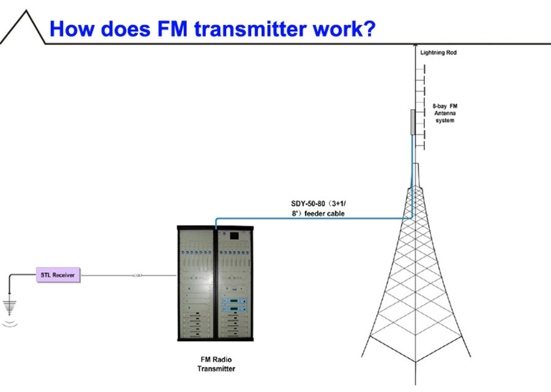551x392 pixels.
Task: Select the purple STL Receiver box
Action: click(x=58, y=276)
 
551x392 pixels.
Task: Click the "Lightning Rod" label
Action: click(x=438, y=53)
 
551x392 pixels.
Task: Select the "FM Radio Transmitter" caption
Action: click(x=216, y=364)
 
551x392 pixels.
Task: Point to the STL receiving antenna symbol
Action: click(x=9, y=306)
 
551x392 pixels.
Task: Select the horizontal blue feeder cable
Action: click(x=312, y=218)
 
